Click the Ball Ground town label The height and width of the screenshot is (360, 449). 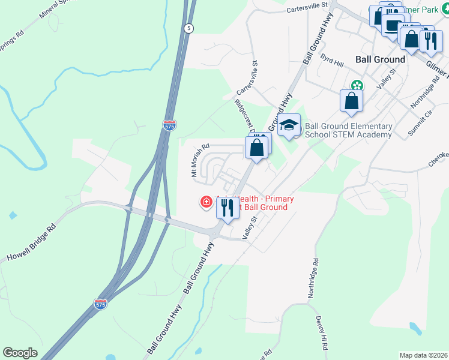[x=380, y=59]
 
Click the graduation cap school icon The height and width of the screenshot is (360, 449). [x=289, y=125]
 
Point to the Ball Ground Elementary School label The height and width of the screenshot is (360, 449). [x=349, y=130]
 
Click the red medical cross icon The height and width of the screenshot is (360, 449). [x=206, y=202]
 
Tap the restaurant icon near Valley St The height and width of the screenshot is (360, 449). [x=228, y=207]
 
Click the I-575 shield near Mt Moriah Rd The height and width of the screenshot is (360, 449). [x=170, y=125]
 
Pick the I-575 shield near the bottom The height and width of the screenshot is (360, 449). [x=101, y=305]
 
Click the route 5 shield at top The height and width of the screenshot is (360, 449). [x=189, y=28]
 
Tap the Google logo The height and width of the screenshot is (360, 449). [x=20, y=353]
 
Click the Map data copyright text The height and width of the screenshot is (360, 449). [x=424, y=355]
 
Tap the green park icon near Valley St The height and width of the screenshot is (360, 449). [x=357, y=85]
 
